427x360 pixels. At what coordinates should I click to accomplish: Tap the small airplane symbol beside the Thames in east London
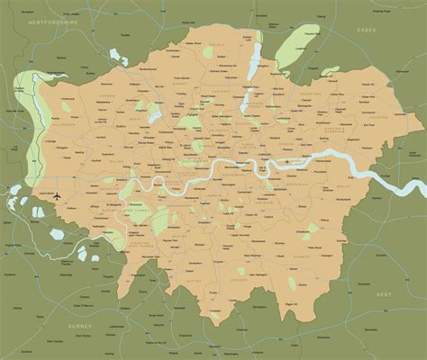point(288,163)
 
